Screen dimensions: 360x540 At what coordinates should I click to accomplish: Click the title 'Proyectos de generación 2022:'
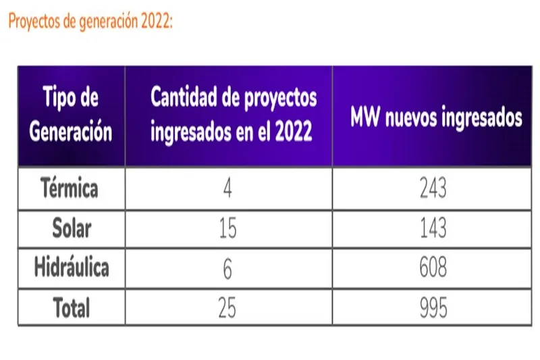point(91,21)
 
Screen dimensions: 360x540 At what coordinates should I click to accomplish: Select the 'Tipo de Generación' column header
point(71,115)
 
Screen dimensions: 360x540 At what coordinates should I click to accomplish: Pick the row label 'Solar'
point(72,228)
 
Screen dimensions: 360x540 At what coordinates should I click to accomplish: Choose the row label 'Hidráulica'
point(72,268)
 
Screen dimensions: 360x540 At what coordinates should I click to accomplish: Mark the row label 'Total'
point(72,308)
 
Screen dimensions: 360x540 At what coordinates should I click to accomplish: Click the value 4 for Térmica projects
point(228,188)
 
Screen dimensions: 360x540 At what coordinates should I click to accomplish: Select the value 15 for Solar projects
point(228,228)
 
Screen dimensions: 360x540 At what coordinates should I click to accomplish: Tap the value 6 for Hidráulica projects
point(228,268)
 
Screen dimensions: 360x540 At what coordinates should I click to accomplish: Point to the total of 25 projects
point(228,308)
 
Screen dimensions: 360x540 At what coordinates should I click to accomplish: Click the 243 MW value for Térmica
point(433,188)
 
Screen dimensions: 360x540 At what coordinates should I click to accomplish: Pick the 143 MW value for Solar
point(433,228)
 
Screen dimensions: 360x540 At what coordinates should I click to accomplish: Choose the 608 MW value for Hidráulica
point(433,268)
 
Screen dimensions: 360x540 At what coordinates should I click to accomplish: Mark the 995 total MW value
point(433,308)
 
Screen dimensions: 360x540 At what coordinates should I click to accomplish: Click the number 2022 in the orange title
point(157,21)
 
